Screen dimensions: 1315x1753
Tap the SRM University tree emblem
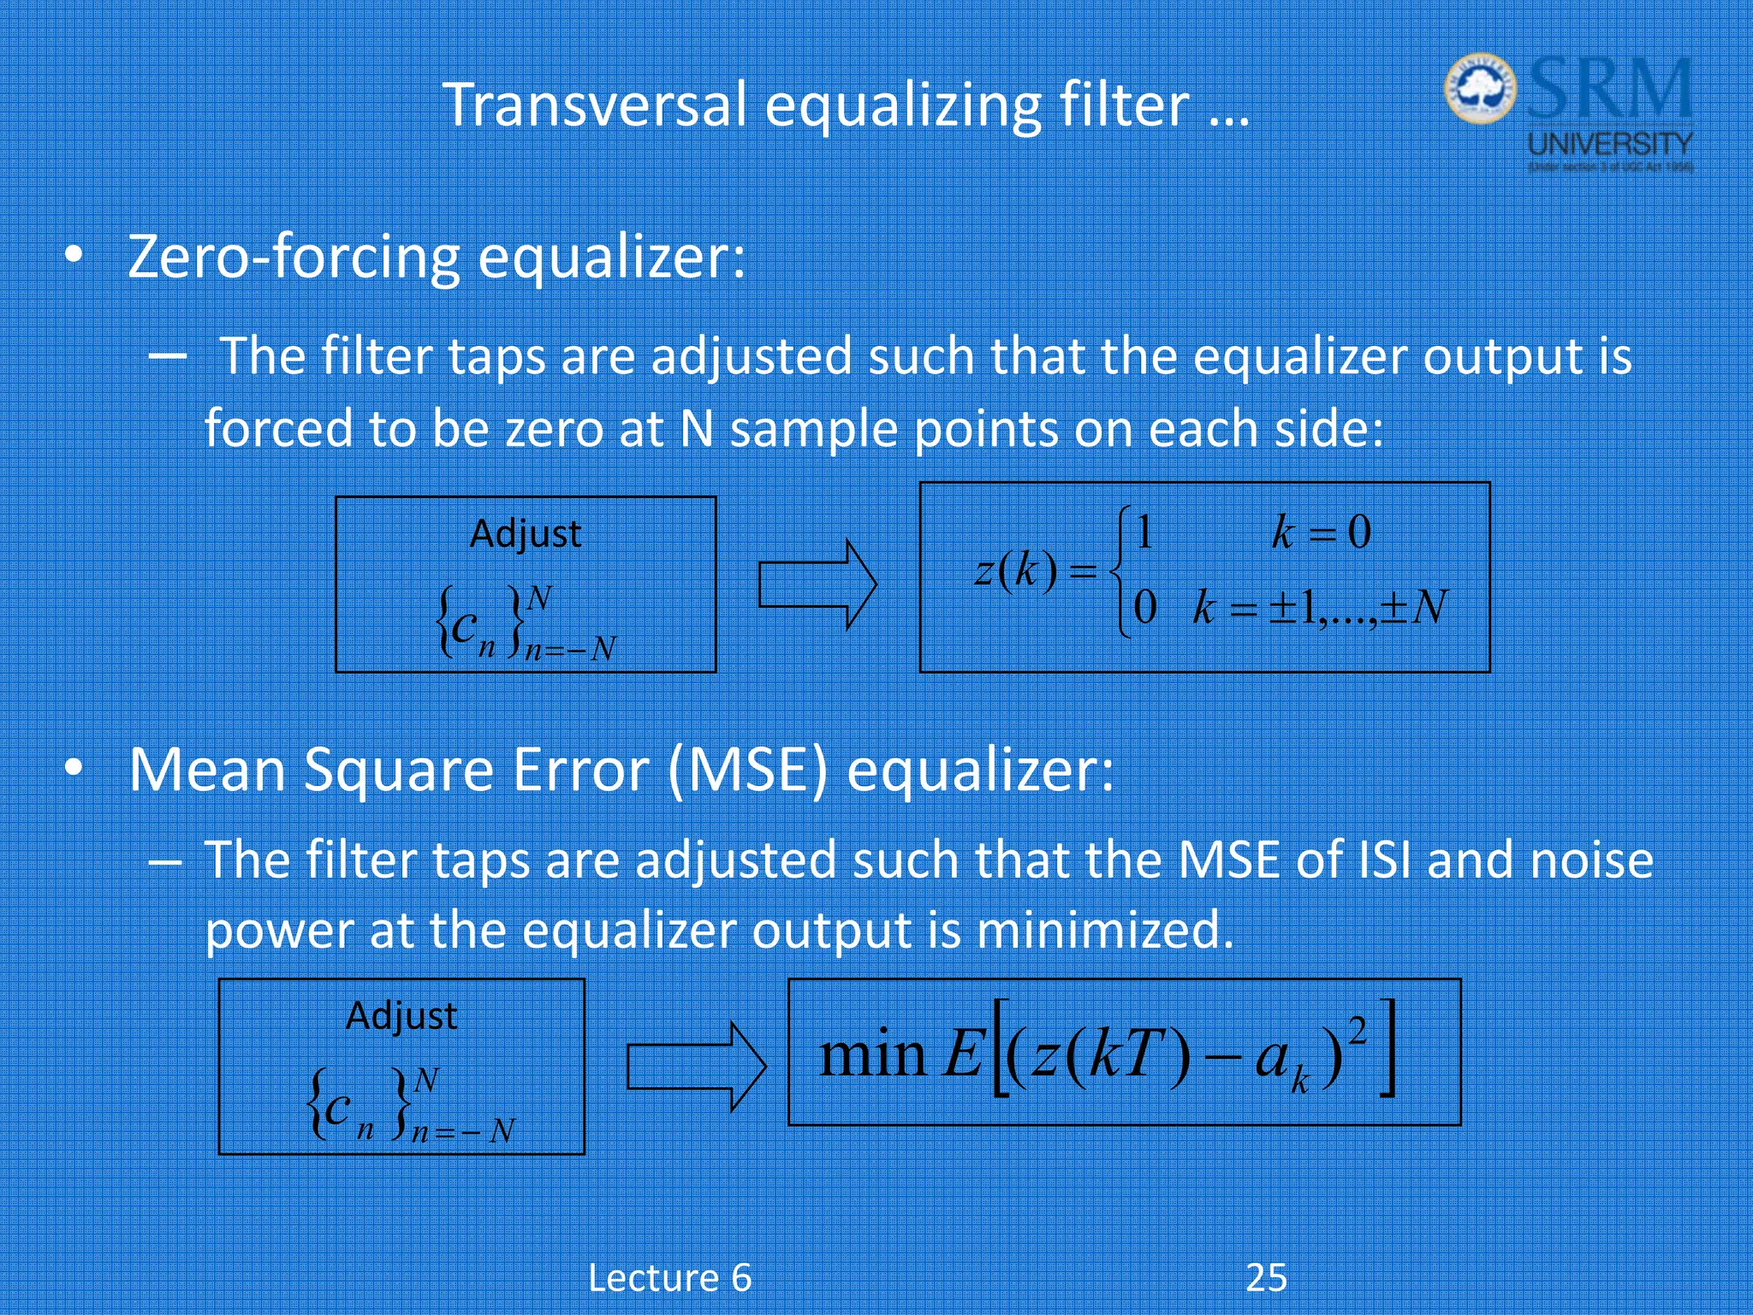[1480, 90]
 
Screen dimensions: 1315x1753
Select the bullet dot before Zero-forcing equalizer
[75, 256]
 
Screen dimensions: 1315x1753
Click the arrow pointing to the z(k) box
[817, 585]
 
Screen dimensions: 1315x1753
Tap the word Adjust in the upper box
[526, 534]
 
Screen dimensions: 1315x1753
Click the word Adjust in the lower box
[401, 1016]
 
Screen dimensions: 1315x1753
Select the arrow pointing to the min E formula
[696, 1067]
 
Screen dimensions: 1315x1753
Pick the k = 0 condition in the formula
[1322, 533]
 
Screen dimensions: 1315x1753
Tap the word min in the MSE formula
[872, 1054]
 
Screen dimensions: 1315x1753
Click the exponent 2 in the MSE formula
[1357, 1032]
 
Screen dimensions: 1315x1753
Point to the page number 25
[1266, 1277]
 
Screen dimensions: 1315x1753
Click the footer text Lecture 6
[670, 1277]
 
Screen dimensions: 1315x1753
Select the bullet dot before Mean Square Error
[75, 769]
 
